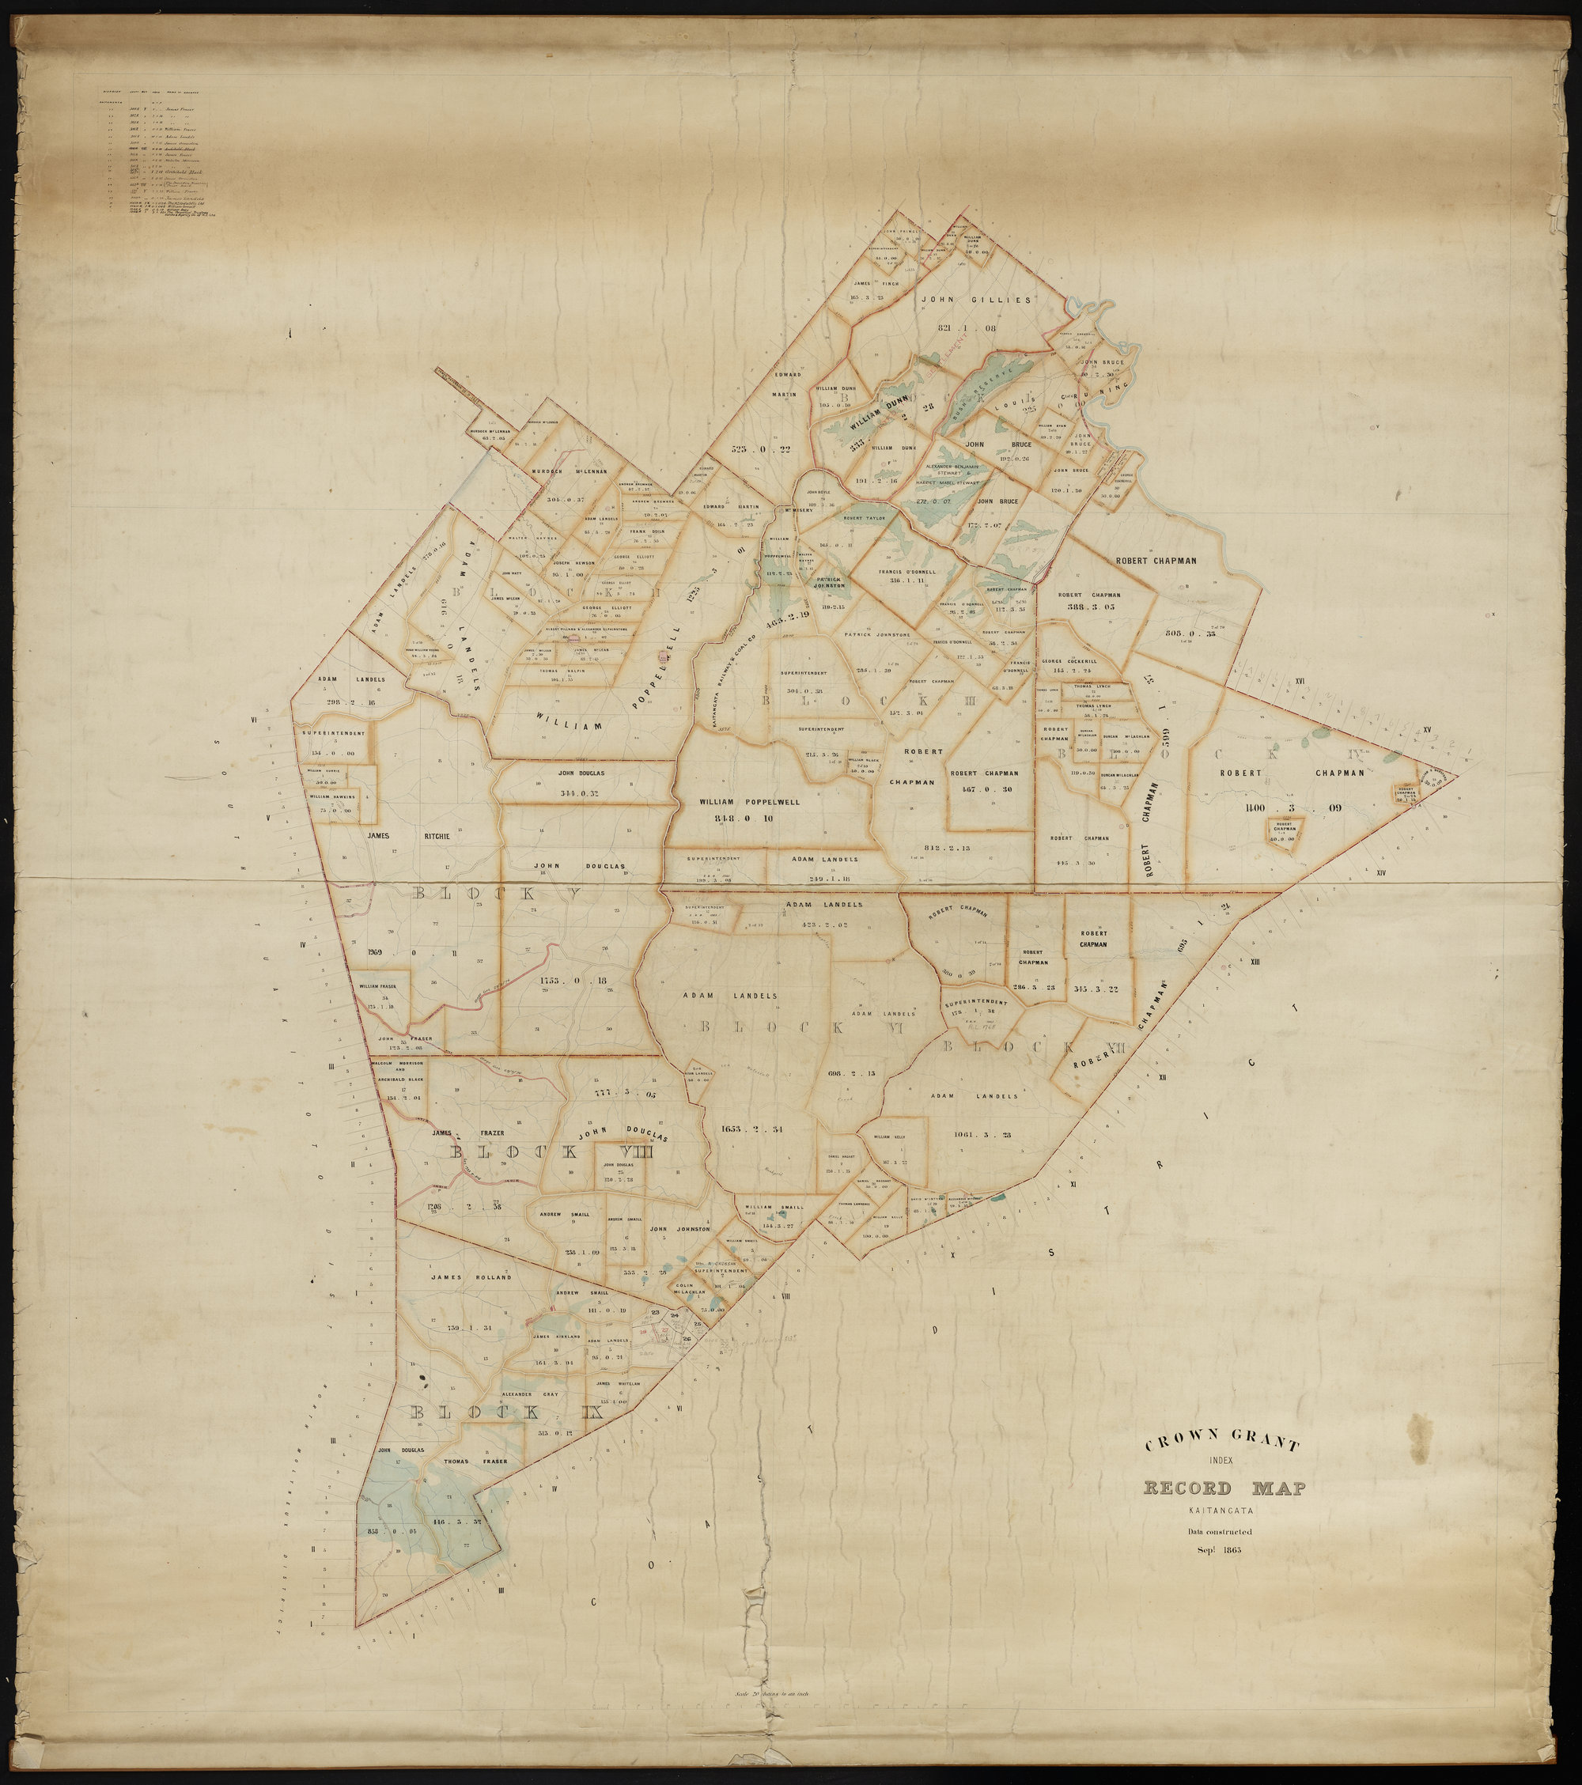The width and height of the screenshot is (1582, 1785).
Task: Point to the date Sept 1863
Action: [x=1221, y=1551]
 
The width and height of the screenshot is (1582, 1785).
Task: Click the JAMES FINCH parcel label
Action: [x=876, y=283]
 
